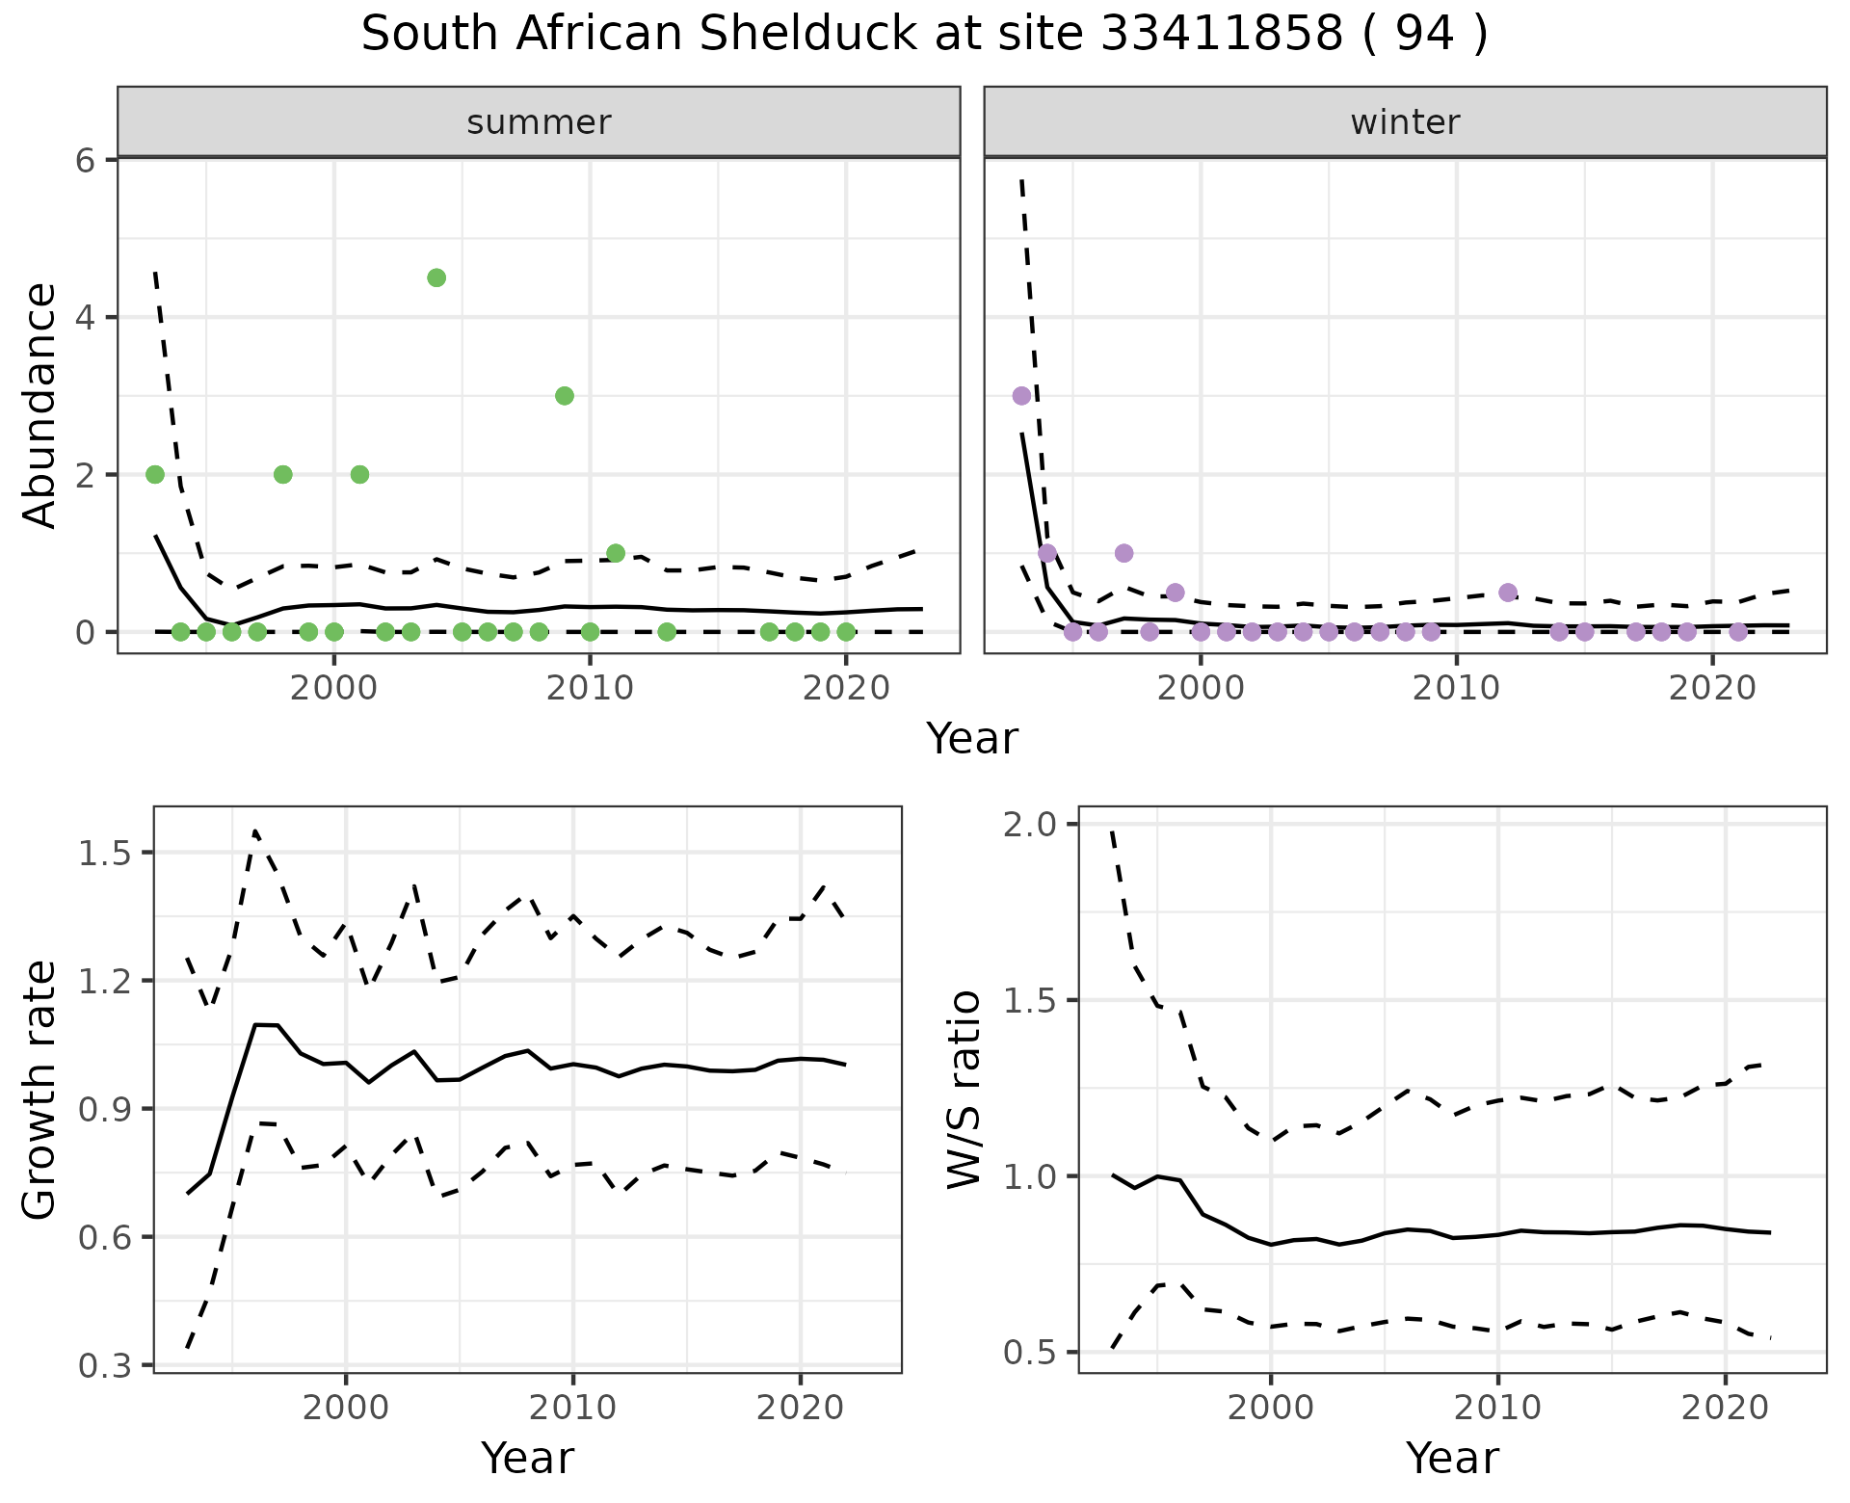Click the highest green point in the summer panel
436,277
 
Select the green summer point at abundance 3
565,395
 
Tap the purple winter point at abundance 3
1021,395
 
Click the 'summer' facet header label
539,122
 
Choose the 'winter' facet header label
1405,122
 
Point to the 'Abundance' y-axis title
40,405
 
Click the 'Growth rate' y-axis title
40,1091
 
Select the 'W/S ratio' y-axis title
965,1091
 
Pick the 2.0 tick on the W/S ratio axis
1030,825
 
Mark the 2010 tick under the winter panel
1456,688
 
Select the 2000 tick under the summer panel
333,688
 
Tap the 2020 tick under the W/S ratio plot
1725,1408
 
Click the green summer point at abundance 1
616,553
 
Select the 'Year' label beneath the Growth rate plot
527,1458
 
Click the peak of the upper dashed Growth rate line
255,831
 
